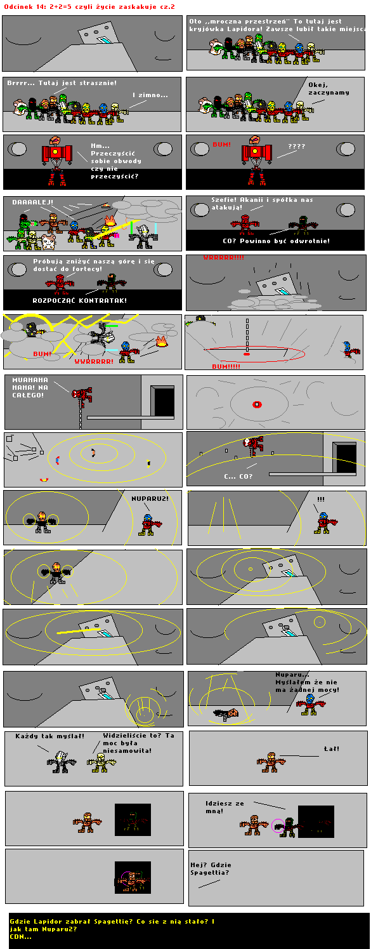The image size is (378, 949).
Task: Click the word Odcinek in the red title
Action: click(x=17, y=7)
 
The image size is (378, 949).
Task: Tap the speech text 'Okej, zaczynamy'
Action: click(x=329, y=88)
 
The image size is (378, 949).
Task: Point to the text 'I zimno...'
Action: click(x=150, y=95)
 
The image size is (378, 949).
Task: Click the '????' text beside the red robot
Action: click(x=296, y=146)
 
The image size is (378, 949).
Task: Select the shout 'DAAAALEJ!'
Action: click(x=32, y=202)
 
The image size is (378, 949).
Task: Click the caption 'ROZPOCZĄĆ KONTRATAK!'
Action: click(x=79, y=300)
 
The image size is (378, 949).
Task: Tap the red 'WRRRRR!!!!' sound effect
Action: click(x=223, y=257)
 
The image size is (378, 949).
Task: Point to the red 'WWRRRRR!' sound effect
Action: click(x=94, y=361)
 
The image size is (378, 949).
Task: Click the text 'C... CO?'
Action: click(x=238, y=476)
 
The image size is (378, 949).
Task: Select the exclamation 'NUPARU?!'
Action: click(x=150, y=499)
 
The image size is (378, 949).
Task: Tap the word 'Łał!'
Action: click(x=332, y=748)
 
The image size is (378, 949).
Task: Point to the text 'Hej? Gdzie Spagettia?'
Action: click(x=211, y=868)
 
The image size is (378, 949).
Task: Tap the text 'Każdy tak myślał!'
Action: click(x=49, y=736)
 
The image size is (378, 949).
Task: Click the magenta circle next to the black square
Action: click(x=278, y=826)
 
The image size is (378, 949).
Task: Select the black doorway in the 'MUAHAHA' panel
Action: click(x=164, y=401)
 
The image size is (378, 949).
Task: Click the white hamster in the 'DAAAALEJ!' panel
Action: click(x=48, y=241)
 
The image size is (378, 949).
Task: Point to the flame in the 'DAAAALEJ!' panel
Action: click(x=110, y=221)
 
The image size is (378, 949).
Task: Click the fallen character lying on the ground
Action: click(x=226, y=713)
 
